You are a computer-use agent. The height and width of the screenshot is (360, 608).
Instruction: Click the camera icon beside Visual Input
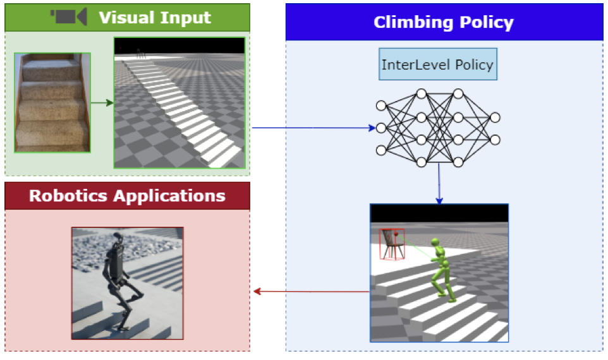point(69,17)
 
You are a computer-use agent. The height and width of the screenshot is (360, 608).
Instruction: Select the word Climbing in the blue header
point(409,23)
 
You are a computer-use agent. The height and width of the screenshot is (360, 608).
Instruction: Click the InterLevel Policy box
point(437,64)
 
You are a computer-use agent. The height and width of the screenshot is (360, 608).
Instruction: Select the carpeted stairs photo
point(52,102)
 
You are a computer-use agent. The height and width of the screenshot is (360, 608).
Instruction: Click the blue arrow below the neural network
point(439,186)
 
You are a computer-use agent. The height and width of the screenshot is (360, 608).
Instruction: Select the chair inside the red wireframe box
point(392,244)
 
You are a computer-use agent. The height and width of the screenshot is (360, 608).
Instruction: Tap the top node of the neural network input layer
point(380,105)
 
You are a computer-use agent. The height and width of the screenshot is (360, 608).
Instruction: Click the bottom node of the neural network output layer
point(495,140)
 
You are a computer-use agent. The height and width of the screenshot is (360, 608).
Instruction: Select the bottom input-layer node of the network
point(380,150)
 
